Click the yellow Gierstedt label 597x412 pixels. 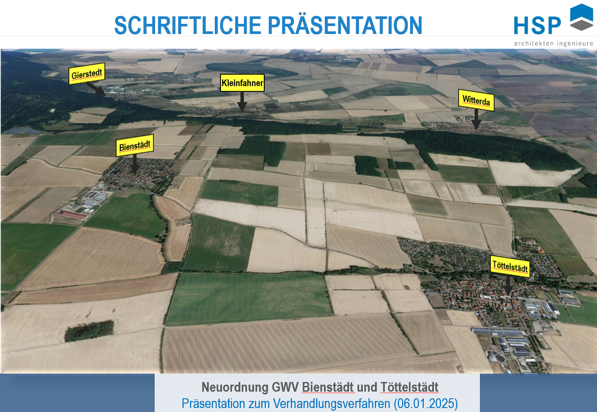tap(87, 74)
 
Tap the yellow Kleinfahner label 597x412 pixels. tap(242, 83)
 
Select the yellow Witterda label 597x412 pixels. tap(476, 100)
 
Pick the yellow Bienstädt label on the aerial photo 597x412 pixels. tap(135, 146)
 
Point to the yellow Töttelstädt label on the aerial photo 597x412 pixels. tap(510, 266)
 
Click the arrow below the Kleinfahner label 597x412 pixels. tap(242, 102)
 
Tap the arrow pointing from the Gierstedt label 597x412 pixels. tap(96, 89)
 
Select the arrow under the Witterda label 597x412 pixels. tap(476, 120)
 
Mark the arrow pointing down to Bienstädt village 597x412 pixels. tap(135, 164)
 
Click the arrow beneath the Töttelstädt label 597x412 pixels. tap(508, 286)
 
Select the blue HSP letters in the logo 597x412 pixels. tap(537, 26)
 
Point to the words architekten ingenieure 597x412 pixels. tap(553, 43)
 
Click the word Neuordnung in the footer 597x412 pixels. tap(235, 387)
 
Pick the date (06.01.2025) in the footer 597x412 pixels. tap(426, 404)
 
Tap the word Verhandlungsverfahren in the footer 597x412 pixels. tap(331, 404)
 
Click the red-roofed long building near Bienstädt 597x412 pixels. tap(72, 214)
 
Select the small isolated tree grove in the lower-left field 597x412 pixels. tap(89, 331)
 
